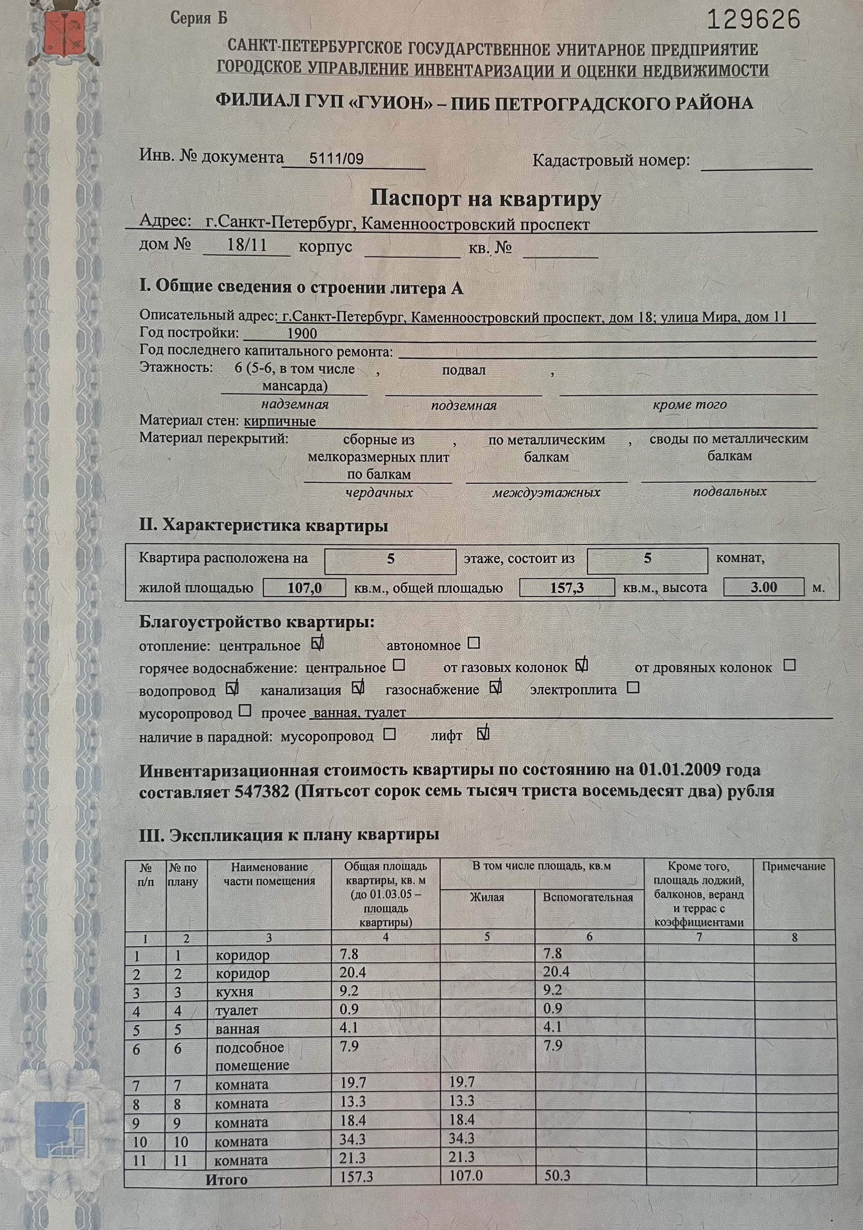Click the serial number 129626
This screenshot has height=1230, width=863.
click(x=754, y=21)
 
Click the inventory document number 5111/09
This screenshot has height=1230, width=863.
click(x=336, y=159)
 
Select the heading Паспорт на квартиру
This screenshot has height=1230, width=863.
click(x=485, y=199)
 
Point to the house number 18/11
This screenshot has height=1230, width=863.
click(x=247, y=246)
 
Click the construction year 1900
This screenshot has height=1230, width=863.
click(x=302, y=334)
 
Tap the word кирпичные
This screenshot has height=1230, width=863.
click(x=280, y=421)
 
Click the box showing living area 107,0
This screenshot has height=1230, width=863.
click(x=304, y=588)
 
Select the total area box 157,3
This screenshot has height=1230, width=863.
click(x=567, y=588)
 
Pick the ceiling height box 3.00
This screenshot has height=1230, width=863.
click(x=763, y=587)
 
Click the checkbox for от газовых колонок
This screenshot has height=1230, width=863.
click(x=582, y=666)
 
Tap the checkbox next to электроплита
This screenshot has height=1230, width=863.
click(x=633, y=687)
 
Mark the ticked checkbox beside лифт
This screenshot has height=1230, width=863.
click(x=483, y=733)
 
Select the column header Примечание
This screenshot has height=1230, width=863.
click(x=793, y=866)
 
